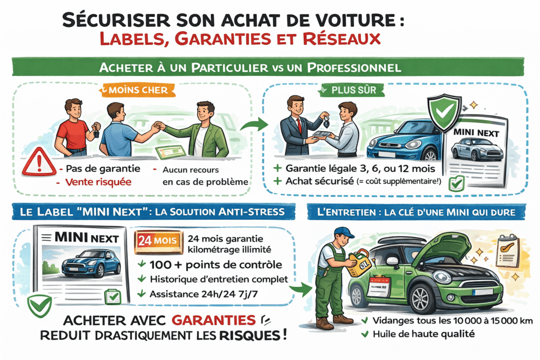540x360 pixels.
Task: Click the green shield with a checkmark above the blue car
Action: click(442, 111)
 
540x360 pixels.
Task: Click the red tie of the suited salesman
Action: click(299, 125)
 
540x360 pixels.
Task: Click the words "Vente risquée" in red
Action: click(99, 182)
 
